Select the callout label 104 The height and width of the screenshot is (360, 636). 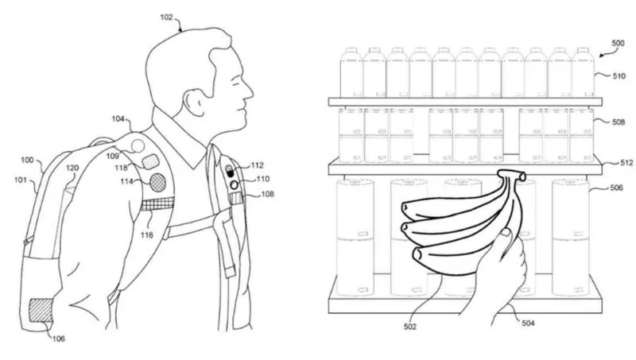click(x=118, y=119)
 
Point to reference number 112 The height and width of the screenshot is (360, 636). click(x=257, y=165)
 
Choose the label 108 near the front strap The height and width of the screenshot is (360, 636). click(x=268, y=193)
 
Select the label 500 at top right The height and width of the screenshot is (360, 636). click(x=617, y=42)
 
